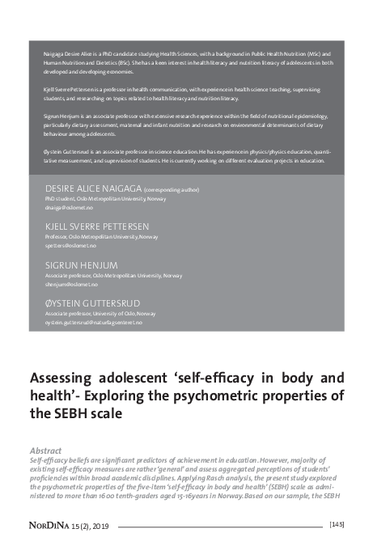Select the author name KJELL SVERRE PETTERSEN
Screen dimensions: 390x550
point(96,226)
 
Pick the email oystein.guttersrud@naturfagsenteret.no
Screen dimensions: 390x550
point(94,323)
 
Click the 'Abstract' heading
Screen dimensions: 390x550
point(45,450)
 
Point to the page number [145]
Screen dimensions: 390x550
point(337,525)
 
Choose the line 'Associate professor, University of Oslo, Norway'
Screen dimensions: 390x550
point(100,314)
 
